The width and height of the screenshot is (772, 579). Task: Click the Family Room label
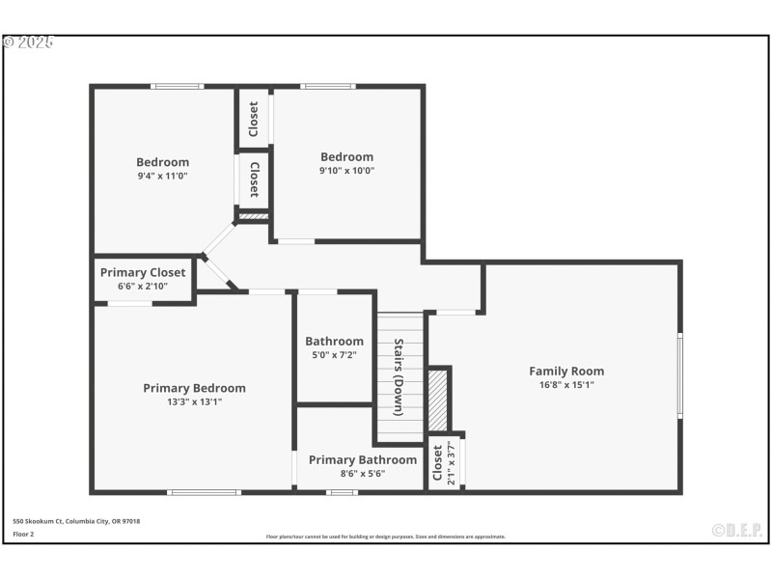tap(566, 371)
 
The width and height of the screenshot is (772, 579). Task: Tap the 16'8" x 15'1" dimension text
tap(566, 384)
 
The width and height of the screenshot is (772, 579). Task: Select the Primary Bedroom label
tap(194, 388)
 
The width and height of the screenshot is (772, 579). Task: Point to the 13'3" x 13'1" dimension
tap(194, 401)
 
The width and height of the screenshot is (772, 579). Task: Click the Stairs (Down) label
tap(398, 377)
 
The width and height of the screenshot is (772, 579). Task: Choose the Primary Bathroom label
tap(363, 460)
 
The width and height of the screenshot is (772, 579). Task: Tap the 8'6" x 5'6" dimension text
tap(363, 474)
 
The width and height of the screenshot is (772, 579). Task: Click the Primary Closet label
tap(143, 272)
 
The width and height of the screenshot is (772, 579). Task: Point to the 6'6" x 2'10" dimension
tap(143, 287)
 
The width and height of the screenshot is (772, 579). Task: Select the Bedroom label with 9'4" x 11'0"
tap(162, 162)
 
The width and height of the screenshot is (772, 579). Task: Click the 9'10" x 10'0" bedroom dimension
tap(346, 171)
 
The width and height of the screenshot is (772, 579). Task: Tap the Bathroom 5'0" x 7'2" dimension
tap(335, 355)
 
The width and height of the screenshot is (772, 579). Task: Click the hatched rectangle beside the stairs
tap(438, 399)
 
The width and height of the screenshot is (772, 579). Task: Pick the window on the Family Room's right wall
tap(679, 375)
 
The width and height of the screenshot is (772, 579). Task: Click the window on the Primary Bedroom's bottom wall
tap(204, 492)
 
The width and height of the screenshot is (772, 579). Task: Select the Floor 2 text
tap(23, 533)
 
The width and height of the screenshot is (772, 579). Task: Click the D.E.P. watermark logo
tap(737, 530)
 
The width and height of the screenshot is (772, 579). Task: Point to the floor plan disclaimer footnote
tap(385, 537)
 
